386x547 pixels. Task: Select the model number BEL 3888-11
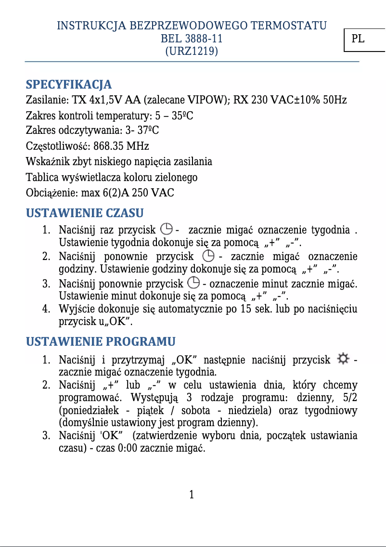[192, 38]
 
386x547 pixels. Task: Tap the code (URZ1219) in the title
[192, 51]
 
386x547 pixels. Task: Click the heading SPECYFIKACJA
[68, 85]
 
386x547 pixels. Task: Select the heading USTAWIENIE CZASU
[85, 213]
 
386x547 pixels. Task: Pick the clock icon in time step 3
[193, 283]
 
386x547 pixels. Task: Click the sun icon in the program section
[343, 359]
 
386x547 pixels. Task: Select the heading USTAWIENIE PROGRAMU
[100, 342]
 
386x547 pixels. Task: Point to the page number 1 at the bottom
[192, 495]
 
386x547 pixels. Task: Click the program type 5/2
[350, 398]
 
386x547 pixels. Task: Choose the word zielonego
[175, 177]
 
